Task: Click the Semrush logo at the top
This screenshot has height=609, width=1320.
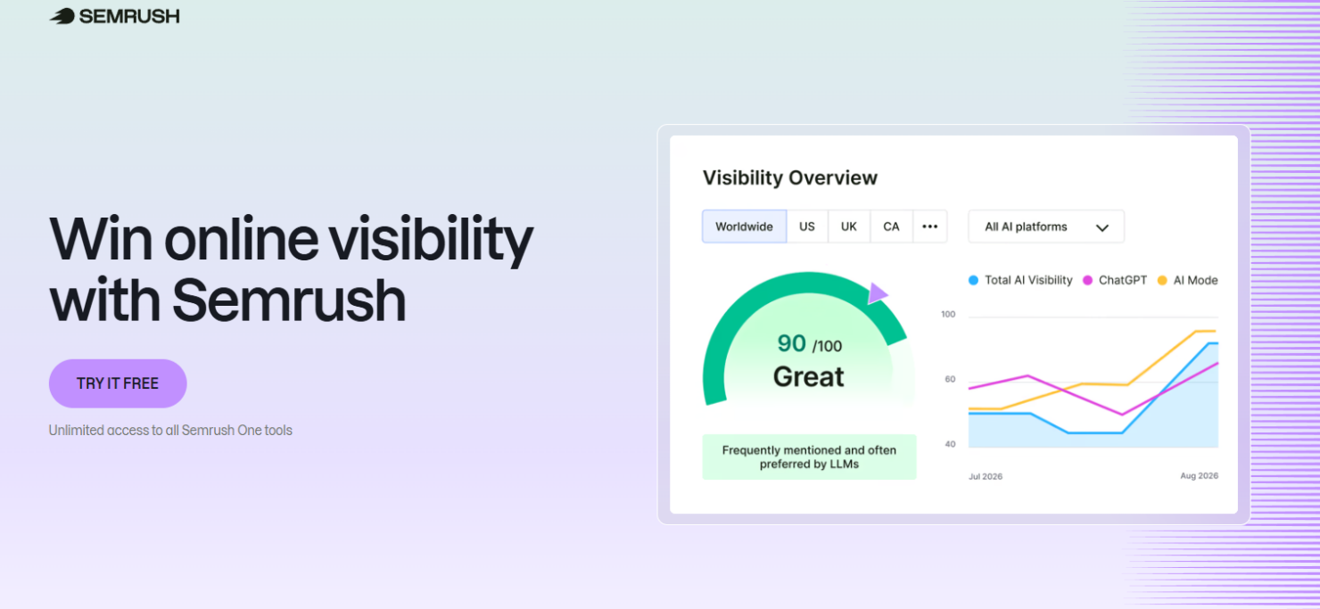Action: (x=114, y=16)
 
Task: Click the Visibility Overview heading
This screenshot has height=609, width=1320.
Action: (x=789, y=177)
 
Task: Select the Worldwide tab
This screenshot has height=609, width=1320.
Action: (x=744, y=226)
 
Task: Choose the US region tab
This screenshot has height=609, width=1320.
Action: (x=806, y=226)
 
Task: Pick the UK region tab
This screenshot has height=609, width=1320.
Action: (x=848, y=226)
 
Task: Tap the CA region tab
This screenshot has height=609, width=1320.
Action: (x=891, y=226)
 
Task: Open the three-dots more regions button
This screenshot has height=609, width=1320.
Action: (x=929, y=226)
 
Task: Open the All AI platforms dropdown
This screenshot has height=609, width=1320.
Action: (x=1045, y=226)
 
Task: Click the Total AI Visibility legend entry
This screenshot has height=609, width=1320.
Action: (x=1020, y=280)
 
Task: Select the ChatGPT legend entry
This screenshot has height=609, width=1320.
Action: (x=1115, y=280)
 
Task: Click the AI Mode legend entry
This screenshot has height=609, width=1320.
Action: (x=1187, y=280)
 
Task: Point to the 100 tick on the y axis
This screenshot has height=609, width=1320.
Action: (x=948, y=315)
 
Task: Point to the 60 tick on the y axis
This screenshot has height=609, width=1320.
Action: (x=949, y=379)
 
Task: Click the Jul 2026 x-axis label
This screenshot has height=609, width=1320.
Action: (x=985, y=476)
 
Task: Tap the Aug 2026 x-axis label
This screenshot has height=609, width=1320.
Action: (x=1199, y=476)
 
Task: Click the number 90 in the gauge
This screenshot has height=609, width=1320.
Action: (x=791, y=343)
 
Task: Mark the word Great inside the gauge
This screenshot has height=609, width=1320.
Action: (x=808, y=377)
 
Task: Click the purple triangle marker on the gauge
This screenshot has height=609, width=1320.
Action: (x=877, y=293)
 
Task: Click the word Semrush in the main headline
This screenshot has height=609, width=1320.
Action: (x=288, y=300)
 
